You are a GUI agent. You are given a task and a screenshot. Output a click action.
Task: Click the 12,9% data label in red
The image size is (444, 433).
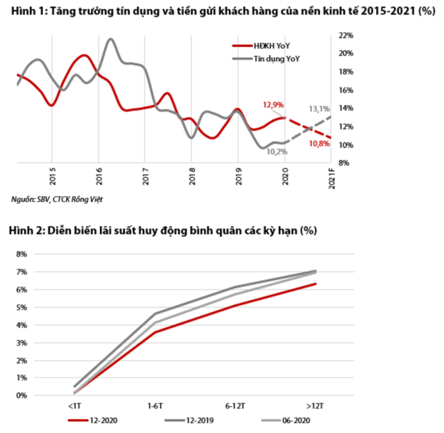click(x=273, y=105)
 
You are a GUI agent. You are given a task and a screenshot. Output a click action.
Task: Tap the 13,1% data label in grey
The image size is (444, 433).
click(x=318, y=109)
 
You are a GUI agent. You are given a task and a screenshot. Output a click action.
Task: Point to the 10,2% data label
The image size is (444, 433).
click(x=276, y=152)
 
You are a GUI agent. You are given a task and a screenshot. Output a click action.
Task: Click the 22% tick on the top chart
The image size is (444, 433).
click(x=346, y=35)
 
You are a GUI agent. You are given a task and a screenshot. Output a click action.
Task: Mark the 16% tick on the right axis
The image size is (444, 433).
click(x=346, y=90)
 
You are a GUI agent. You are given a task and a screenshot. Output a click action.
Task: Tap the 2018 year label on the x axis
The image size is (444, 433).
click(x=191, y=172)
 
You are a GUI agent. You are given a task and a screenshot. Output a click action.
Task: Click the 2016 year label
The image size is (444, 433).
click(x=99, y=172)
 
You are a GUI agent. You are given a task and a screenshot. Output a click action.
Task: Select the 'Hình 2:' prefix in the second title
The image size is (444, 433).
click(x=26, y=230)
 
